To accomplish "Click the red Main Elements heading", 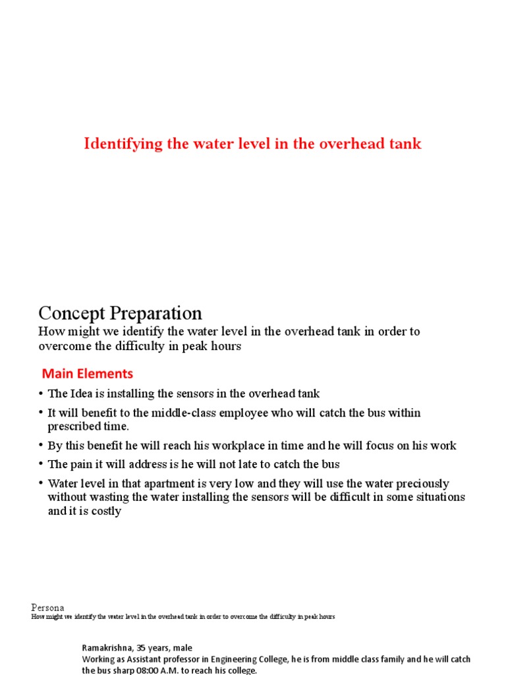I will tap(88, 374).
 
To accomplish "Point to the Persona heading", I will tap(47, 607).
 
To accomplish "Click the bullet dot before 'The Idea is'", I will tap(41, 394).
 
